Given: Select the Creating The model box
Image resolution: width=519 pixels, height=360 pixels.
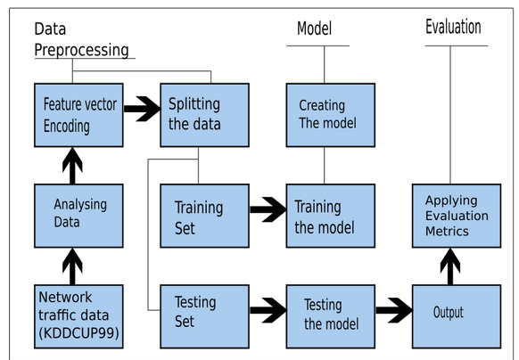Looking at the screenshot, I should coord(323,115).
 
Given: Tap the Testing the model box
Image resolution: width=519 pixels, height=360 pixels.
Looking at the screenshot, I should coord(323,314).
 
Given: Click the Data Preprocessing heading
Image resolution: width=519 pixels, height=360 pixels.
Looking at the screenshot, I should coord(81,39).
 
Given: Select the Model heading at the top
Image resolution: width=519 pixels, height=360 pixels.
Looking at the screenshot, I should coord(314,29).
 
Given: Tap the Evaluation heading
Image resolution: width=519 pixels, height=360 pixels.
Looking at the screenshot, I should coord(453,27).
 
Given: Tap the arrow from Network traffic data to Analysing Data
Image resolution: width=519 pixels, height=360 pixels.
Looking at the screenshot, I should coord(73,265).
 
